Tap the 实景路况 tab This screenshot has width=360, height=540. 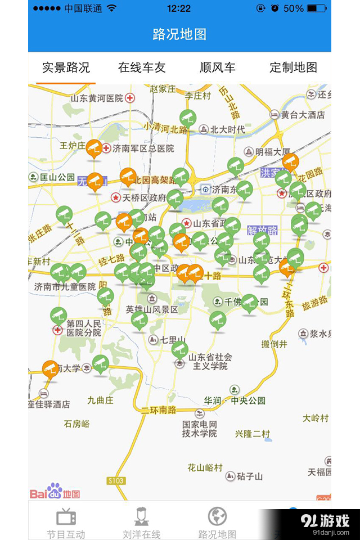(x=66, y=68)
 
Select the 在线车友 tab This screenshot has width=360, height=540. (x=142, y=68)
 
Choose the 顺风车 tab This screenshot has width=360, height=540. (x=218, y=68)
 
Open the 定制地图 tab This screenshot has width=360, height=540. (x=293, y=68)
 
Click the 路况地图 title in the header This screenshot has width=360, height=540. (x=180, y=34)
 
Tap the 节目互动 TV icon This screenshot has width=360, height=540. (x=66, y=516)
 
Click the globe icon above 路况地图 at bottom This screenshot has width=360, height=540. (x=218, y=516)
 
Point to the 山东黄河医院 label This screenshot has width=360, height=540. (x=97, y=98)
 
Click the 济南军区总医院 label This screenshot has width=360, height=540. (x=143, y=148)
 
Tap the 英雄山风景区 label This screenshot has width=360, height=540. (x=152, y=310)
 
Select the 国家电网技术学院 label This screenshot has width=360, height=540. (x=199, y=429)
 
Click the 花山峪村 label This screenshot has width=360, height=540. (x=205, y=467)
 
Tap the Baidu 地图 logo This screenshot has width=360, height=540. (x=55, y=492)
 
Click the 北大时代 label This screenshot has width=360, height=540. (x=227, y=130)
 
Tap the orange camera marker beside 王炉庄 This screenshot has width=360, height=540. (x=94, y=148)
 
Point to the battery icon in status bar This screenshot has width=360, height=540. (x=317, y=8)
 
